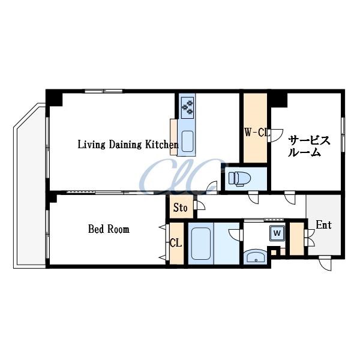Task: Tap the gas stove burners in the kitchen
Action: click(x=187, y=107)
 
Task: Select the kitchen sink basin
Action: click(x=187, y=141)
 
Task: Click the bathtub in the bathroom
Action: click(x=201, y=244)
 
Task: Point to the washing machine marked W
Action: click(x=277, y=233)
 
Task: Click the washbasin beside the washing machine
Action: click(x=256, y=256)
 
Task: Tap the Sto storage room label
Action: click(x=180, y=208)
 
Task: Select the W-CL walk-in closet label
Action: click(x=256, y=133)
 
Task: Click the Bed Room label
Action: click(x=109, y=229)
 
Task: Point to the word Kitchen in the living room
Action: click(x=162, y=145)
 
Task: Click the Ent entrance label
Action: click(x=324, y=225)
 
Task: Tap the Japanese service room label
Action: click(x=308, y=146)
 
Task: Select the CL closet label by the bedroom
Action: click(x=176, y=243)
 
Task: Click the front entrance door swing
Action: click(x=325, y=263)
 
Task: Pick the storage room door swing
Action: click(x=199, y=205)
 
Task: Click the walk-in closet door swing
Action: click(x=275, y=136)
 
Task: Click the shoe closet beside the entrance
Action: click(x=296, y=239)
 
